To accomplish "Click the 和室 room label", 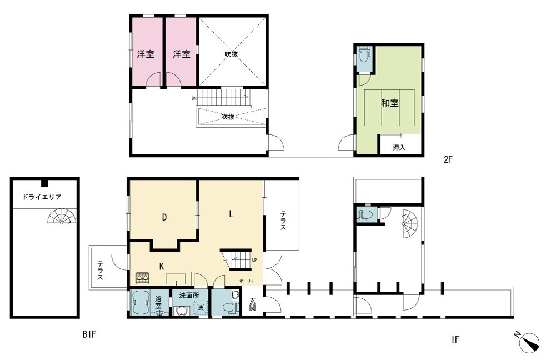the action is pyautogui.click(x=390, y=103).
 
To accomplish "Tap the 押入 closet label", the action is pyautogui.click(x=399, y=147).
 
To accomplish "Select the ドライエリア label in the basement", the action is pyautogui.click(x=42, y=197).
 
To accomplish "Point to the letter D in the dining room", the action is pyautogui.click(x=164, y=218).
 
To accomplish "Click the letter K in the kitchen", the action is pyautogui.click(x=162, y=266).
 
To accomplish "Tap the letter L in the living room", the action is pyautogui.click(x=231, y=214).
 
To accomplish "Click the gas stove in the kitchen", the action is pyautogui.click(x=142, y=278).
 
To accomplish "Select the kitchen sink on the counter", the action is pyautogui.click(x=176, y=279).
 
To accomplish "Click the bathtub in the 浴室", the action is pyautogui.click(x=141, y=303).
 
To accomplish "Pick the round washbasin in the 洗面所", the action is pyautogui.click(x=181, y=311).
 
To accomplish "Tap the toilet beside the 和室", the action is pyautogui.click(x=364, y=55).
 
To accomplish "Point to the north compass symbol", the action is pyautogui.click(x=527, y=341).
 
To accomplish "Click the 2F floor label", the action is pyautogui.click(x=448, y=159).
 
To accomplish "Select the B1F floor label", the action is pyautogui.click(x=89, y=334).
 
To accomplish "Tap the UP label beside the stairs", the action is pyautogui.click(x=254, y=260).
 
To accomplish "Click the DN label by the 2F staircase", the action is pyautogui.click(x=194, y=98).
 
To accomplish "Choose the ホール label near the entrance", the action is pyautogui.click(x=246, y=281).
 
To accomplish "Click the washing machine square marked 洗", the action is pyautogui.click(x=201, y=308).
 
